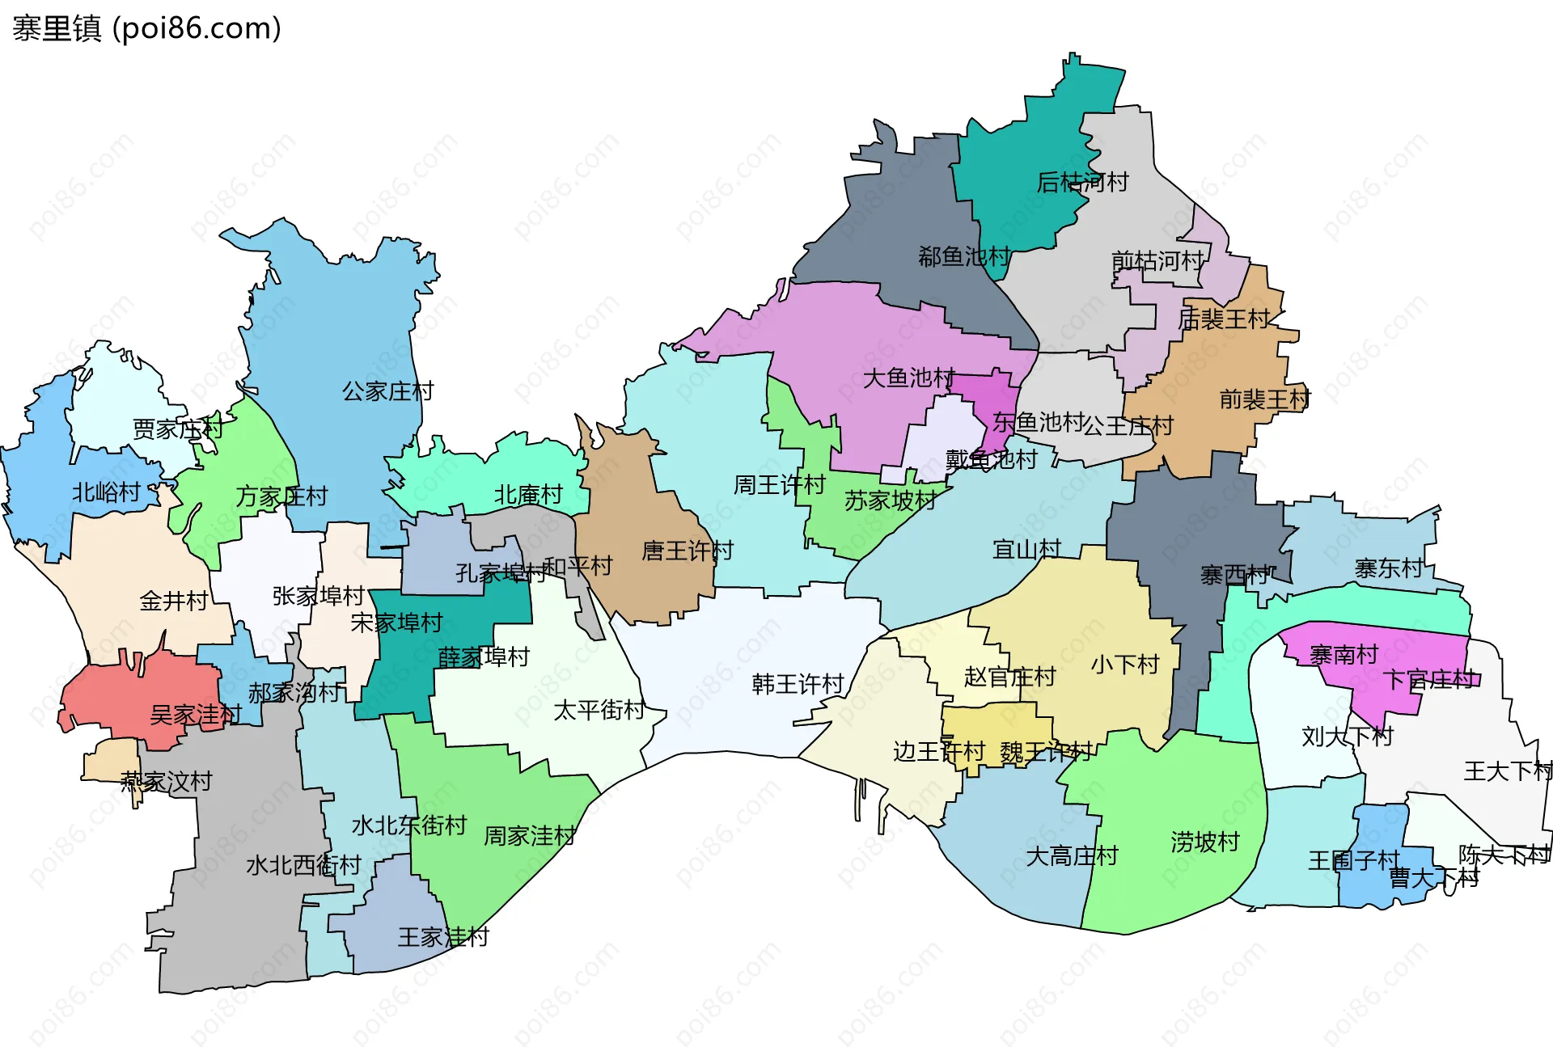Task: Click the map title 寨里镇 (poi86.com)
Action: [x=146, y=28]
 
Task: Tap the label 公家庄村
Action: [x=387, y=391]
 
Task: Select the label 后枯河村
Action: [x=1082, y=182]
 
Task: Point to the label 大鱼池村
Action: [x=908, y=378]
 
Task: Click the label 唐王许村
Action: [x=687, y=551]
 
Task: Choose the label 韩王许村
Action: [x=798, y=684]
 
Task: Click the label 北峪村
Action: [x=106, y=492]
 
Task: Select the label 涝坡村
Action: [x=1204, y=842]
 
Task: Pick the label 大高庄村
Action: [x=1071, y=855]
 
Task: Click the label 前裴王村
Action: [x=1264, y=399]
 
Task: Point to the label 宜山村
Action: [x=1026, y=549]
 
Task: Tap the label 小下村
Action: [x=1124, y=664]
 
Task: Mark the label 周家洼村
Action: [x=529, y=835]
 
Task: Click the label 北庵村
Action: [x=528, y=494]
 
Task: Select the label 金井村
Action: [x=174, y=600]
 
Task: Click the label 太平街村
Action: [x=599, y=710]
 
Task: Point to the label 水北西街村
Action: [x=303, y=865]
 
